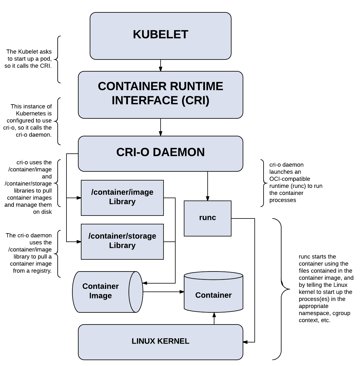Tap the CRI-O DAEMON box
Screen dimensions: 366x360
pyautogui.click(x=161, y=153)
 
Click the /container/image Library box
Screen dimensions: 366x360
pyautogui.click(x=122, y=198)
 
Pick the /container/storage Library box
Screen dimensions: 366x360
pyautogui.click(x=122, y=241)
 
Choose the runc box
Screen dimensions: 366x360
pyautogui.click(x=208, y=218)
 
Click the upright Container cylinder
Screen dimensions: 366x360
pyautogui.click(x=214, y=294)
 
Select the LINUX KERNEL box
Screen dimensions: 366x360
pyautogui.click(x=161, y=342)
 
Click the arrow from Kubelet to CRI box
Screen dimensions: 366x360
pyautogui.click(x=161, y=66)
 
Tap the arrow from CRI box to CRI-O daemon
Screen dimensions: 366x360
pyautogui.click(x=161, y=127)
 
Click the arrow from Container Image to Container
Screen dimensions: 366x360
pyautogui.click(x=163, y=292)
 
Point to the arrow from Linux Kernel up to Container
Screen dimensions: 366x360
pyautogui.click(x=214, y=318)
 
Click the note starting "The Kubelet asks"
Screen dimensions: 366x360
pyautogui.click(x=29, y=59)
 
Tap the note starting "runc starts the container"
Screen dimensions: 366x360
pyautogui.click(x=326, y=289)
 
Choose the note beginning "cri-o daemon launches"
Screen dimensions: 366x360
pyautogui.click(x=296, y=183)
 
